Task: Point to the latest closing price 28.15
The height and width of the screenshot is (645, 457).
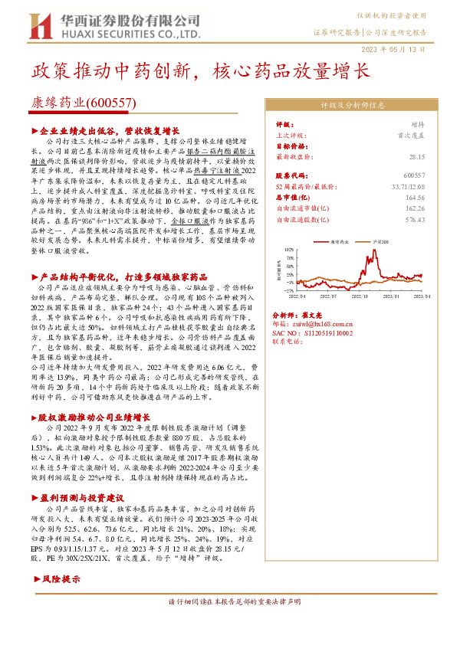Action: click(416, 156)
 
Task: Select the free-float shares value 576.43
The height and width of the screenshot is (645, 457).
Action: click(414, 219)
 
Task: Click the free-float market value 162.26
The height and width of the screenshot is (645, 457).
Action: click(413, 207)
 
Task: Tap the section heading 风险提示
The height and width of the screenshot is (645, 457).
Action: click(61, 579)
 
